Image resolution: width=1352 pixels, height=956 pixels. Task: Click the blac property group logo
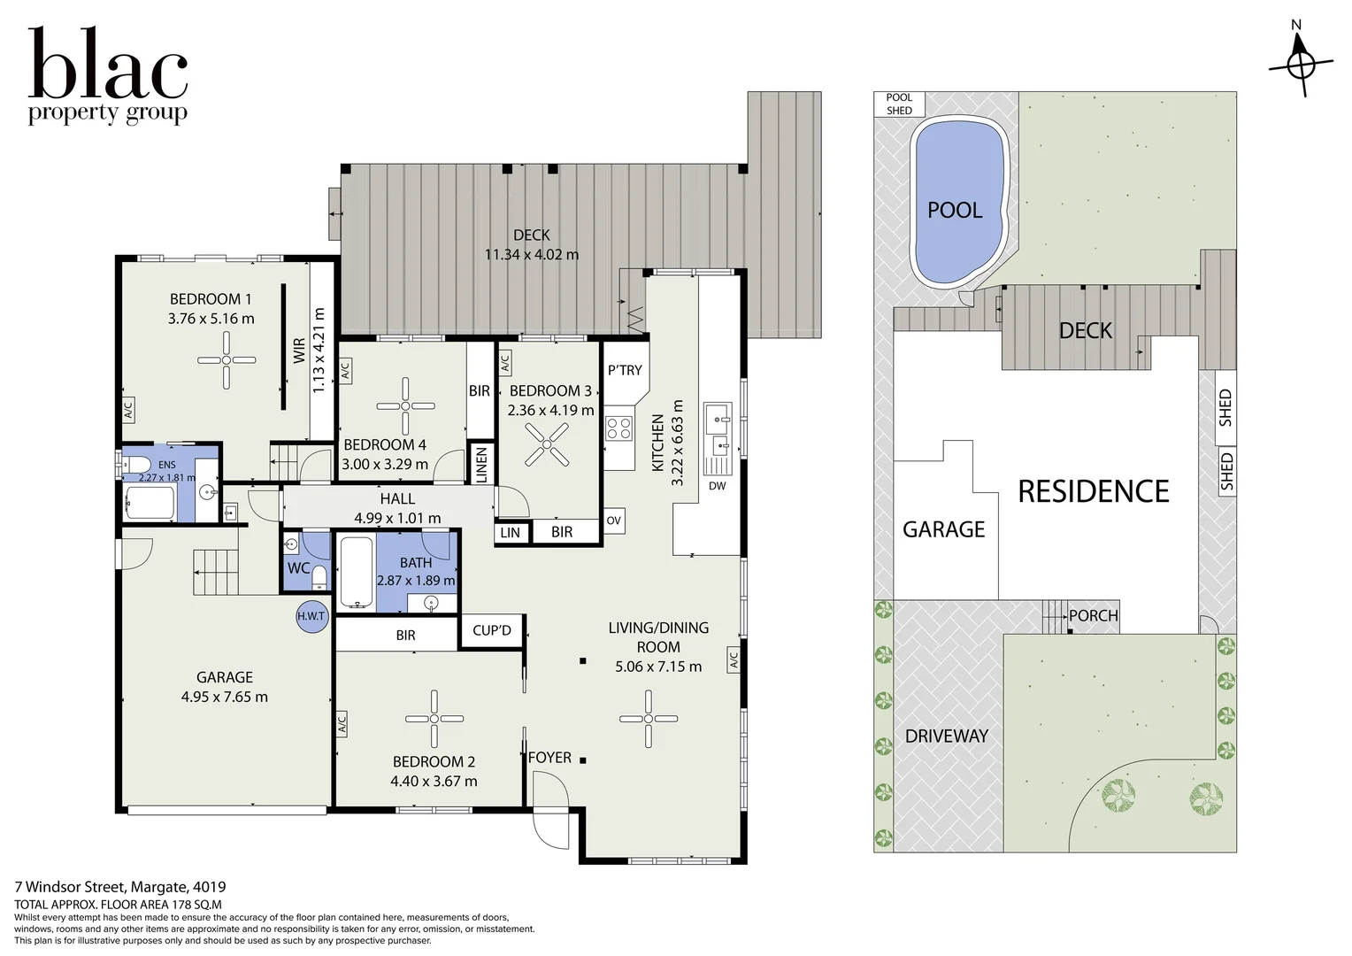coord(108,75)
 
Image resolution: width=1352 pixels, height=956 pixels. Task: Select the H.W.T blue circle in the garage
coord(311,617)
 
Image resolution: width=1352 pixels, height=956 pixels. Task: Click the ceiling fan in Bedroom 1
coord(227,360)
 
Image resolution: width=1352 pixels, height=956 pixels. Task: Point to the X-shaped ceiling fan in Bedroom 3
coord(546,444)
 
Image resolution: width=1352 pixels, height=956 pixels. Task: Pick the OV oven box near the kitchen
coord(614,520)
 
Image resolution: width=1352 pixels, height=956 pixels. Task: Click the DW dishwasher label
coord(717,486)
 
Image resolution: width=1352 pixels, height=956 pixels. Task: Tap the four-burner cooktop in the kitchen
coord(619,428)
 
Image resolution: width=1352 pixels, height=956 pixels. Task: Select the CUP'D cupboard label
coord(492,630)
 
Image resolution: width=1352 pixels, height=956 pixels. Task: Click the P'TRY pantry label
coord(625,370)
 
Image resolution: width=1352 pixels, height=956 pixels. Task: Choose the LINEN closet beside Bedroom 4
coord(481,464)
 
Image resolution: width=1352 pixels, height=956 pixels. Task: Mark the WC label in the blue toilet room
coord(299,567)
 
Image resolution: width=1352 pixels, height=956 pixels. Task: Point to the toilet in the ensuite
coord(135,465)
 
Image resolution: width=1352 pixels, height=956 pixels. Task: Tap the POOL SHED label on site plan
coord(899,104)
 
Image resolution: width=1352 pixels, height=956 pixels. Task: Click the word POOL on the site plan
coord(955,210)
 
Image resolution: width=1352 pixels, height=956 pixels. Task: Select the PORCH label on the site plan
coord(1094,616)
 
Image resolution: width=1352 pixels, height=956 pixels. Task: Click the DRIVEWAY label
coord(947,736)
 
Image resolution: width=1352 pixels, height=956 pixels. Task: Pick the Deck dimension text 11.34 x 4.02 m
coord(532,254)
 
